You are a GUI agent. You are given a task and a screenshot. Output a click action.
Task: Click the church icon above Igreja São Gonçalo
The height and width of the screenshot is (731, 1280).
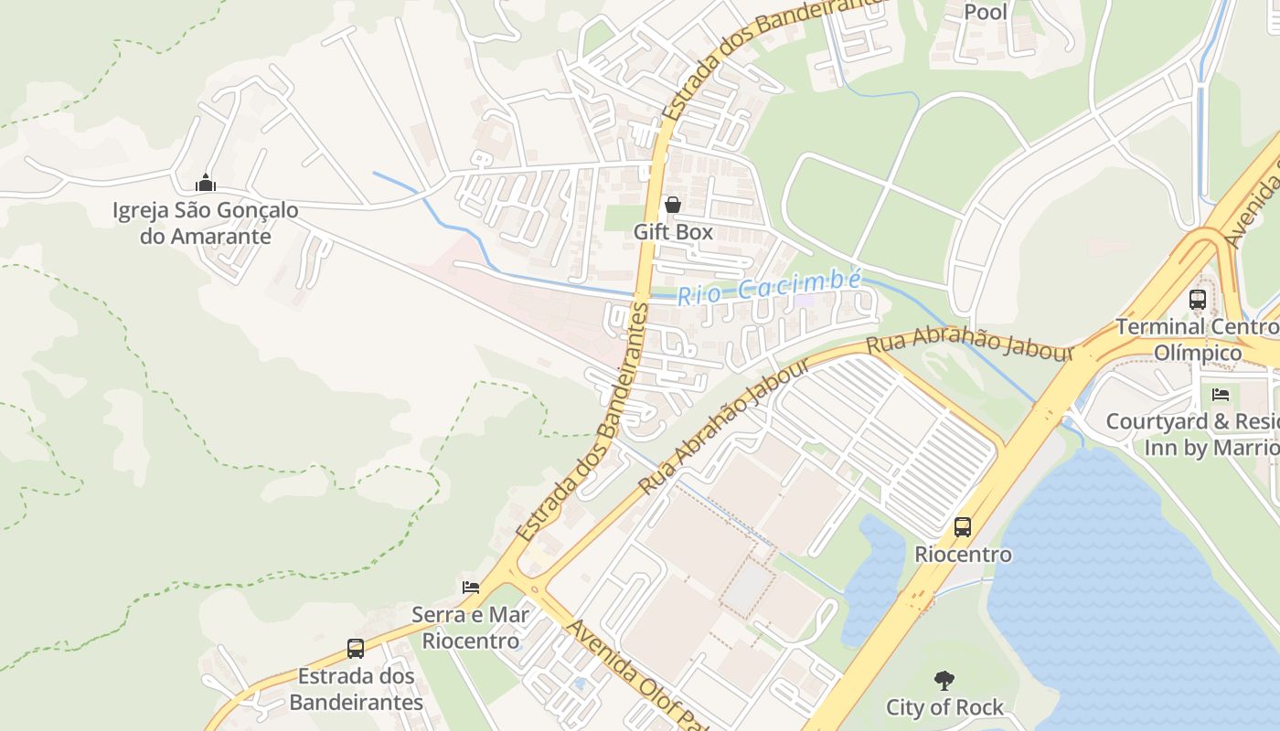(x=206, y=183)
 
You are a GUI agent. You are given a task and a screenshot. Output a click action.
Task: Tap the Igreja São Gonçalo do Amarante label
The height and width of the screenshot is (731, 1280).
(x=206, y=223)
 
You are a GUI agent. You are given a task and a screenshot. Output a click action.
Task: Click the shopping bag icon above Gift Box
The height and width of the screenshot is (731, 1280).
(x=673, y=205)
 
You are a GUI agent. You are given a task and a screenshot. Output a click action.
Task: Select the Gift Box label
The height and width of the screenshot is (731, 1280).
(x=673, y=232)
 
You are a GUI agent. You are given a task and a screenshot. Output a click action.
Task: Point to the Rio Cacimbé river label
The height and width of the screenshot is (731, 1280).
(x=768, y=288)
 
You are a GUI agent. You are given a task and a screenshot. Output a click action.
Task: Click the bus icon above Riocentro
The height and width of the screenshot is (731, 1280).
(x=963, y=526)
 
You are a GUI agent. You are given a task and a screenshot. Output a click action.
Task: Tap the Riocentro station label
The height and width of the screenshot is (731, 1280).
(x=963, y=555)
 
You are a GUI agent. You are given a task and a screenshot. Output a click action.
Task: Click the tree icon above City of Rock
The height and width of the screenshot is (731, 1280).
(x=944, y=680)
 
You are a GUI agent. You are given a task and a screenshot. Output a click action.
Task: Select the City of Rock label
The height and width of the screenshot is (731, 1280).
(x=944, y=707)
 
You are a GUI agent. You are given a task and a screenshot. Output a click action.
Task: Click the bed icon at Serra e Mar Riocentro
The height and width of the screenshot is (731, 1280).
(x=471, y=587)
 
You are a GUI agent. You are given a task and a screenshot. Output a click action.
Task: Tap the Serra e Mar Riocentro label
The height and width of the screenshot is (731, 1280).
(x=470, y=627)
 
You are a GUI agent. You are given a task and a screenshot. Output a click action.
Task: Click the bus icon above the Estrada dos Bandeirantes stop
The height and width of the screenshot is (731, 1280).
(x=356, y=649)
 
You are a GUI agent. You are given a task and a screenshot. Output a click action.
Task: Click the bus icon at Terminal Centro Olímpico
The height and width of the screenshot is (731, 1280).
(x=1197, y=299)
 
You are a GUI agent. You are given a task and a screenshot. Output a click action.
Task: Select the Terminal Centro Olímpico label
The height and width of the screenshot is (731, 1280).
(x=1197, y=339)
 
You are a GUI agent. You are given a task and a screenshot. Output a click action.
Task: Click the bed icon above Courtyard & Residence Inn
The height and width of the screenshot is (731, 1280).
(x=1221, y=395)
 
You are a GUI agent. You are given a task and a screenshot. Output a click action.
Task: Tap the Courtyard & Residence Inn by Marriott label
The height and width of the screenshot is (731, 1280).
(x=1192, y=435)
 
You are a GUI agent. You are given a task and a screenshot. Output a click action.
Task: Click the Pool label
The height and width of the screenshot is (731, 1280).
(x=986, y=12)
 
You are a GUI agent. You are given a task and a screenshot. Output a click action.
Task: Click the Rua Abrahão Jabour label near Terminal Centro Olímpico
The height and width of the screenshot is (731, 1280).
(x=969, y=346)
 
